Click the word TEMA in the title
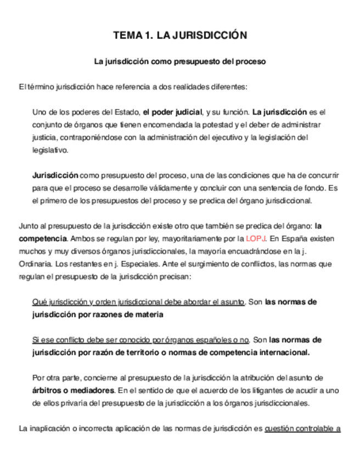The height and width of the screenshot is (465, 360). tap(126, 36)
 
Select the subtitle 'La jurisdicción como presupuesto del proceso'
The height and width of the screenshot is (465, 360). tap(180, 62)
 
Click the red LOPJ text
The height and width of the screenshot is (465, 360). tap(255, 239)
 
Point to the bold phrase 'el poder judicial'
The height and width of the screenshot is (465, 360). tap(172, 112)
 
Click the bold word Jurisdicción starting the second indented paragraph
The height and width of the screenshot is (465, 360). tap(55, 175)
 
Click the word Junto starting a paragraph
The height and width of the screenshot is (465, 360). tap(28, 226)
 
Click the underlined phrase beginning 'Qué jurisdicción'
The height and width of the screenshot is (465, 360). tap(139, 302)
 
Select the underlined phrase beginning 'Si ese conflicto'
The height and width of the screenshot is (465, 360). tap(141, 339)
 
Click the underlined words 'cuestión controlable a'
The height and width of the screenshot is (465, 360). tap(302, 428)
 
